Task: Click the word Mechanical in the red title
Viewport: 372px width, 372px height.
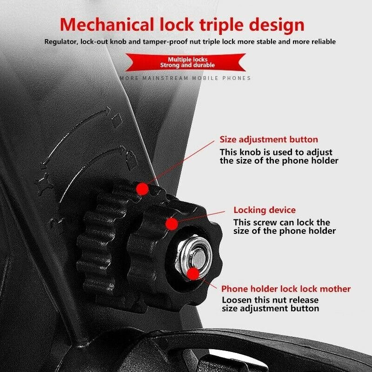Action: pos(107,25)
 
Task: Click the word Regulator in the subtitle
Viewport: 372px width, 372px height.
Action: pos(61,42)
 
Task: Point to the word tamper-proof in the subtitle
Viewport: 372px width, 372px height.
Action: pos(165,42)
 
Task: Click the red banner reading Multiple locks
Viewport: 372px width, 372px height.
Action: pos(186,62)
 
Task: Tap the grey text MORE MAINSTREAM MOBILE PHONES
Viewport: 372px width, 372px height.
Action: pos(185,78)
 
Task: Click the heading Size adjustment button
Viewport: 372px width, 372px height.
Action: pos(269,139)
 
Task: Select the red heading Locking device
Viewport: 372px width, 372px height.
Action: pos(265,210)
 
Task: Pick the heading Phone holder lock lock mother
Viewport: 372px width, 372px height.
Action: pos(286,289)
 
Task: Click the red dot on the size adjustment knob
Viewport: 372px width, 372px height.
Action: pos(142,189)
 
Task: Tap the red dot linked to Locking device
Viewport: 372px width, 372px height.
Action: pos(172,224)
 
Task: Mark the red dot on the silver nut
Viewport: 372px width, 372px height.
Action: pos(193,274)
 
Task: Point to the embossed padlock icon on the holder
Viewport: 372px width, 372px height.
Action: pos(131,159)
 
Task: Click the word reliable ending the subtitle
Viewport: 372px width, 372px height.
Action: pos(324,42)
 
